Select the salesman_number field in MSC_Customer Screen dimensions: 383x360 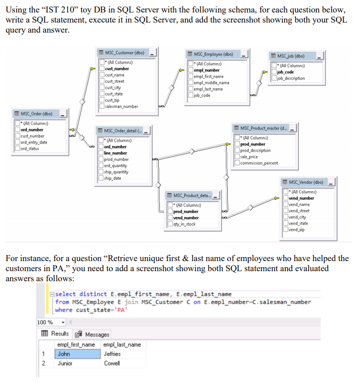point(121,107)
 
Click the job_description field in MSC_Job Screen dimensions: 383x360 point(290,78)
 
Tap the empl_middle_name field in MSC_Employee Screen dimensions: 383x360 point(211,83)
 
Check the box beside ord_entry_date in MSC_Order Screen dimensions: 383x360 point(17,142)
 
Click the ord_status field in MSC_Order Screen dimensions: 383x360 point(30,148)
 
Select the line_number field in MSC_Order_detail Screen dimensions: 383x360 point(115,153)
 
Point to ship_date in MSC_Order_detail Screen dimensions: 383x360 point(113,178)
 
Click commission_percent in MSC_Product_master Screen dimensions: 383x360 point(259,163)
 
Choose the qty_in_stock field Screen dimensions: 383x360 point(184,224)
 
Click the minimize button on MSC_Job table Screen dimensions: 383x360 point(320,57)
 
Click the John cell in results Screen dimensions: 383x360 point(64,354)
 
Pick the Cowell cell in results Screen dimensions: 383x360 point(112,363)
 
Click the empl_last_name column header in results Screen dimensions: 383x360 point(122,345)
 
